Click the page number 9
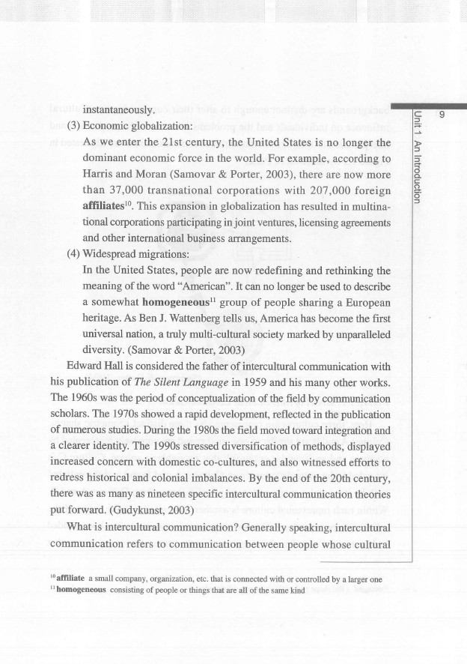click(442, 115)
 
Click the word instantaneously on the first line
click(118, 110)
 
